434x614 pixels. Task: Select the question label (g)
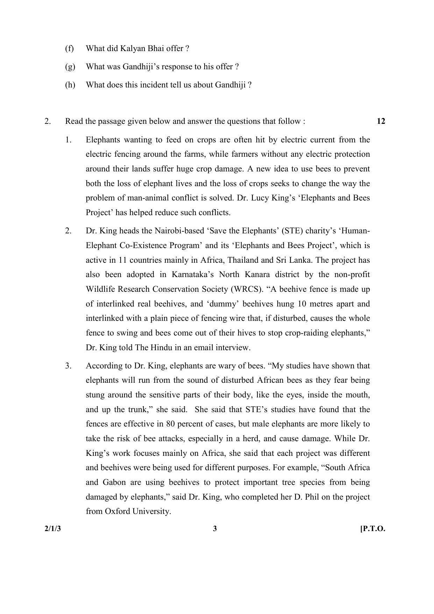point(70,67)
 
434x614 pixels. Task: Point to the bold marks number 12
point(381,121)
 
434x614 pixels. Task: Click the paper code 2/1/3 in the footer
point(52,529)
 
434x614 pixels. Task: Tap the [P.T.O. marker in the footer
point(372,529)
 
